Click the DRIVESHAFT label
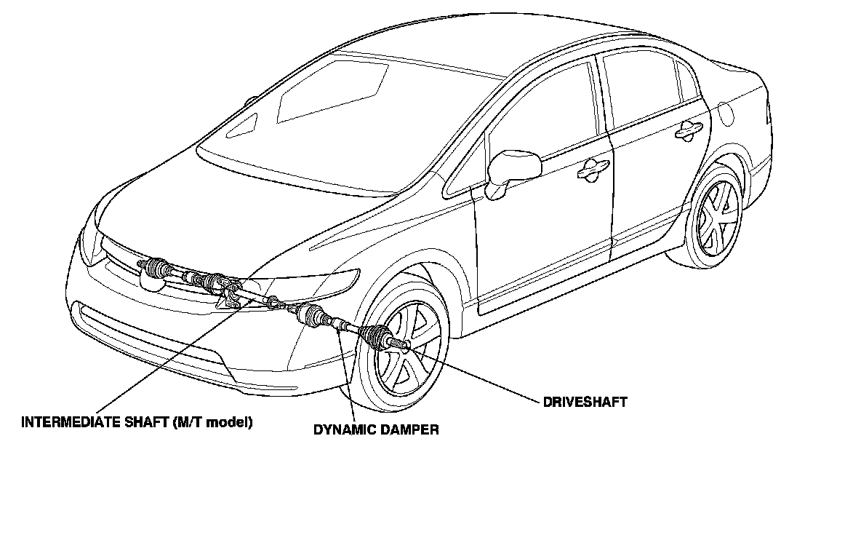[x=585, y=402]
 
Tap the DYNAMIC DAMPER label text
[x=376, y=429]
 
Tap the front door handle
[x=593, y=169]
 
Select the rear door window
[x=644, y=87]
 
